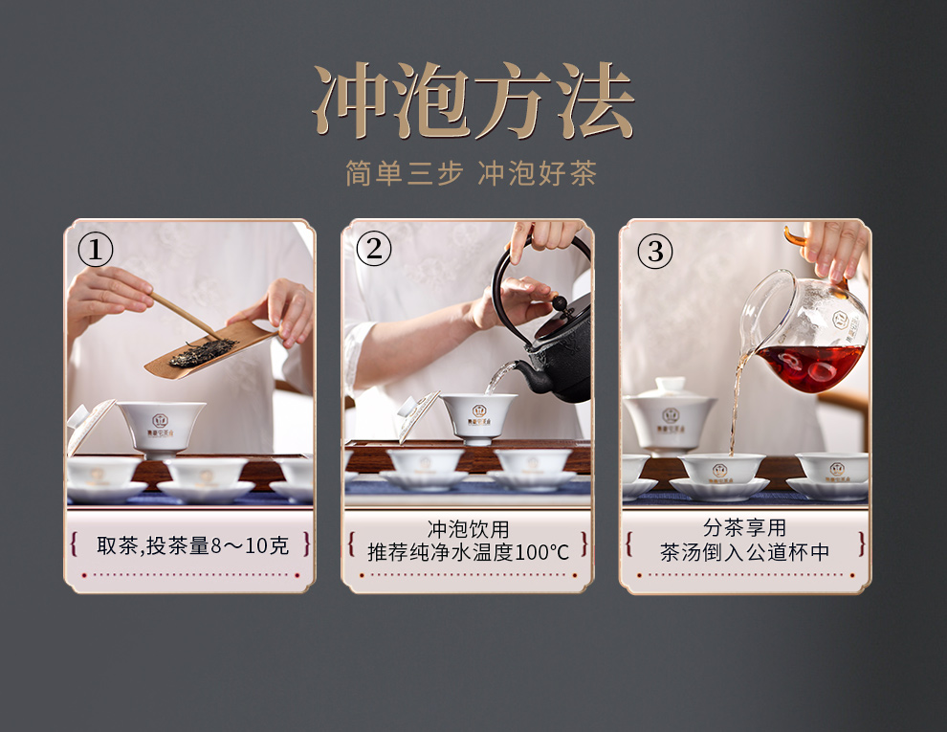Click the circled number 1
click(96, 250)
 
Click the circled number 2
click(374, 249)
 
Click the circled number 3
click(655, 252)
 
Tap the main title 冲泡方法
click(473, 100)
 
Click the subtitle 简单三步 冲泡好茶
click(471, 173)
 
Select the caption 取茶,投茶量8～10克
click(192, 545)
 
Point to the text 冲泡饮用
click(468, 529)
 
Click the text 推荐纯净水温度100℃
click(468, 552)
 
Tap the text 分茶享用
click(744, 527)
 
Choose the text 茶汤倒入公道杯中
click(744, 552)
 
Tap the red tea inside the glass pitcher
click(809, 366)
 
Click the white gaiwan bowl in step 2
click(478, 418)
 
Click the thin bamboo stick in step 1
click(186, 315)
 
